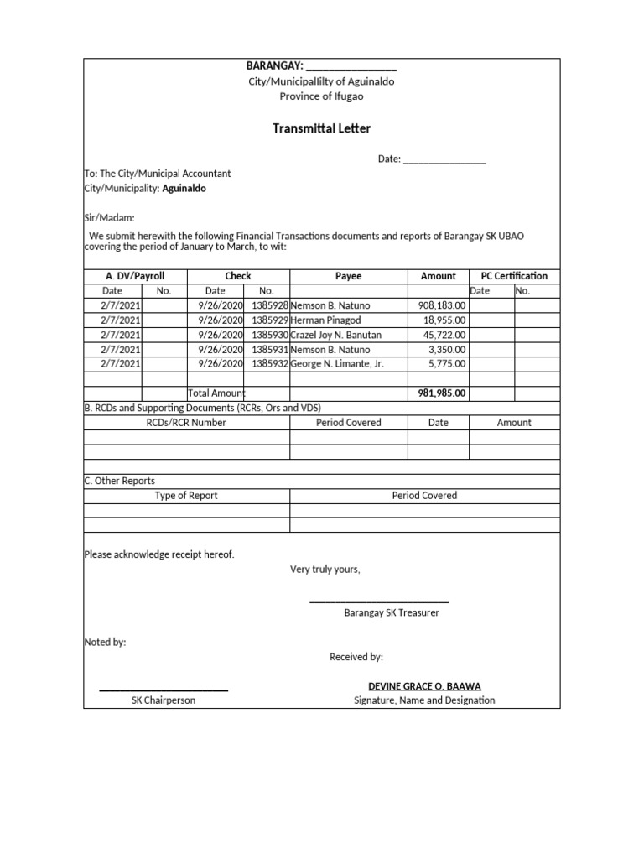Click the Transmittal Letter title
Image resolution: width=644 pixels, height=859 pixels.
(x=321, y=128)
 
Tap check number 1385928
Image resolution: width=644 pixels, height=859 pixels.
(x=269, y=305)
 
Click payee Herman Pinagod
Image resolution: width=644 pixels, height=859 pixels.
(x=325, y=320)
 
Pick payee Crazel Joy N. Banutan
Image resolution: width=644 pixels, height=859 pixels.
(x=335, y=335)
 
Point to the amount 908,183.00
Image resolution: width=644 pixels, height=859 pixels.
(x=442, y=305)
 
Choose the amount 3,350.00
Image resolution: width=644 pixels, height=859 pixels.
(x=447, y=349)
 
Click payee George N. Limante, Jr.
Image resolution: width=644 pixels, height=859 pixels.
(x=336, y=363)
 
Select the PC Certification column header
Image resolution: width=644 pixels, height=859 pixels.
(x=513, y=276)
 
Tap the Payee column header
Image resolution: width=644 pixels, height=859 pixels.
(x=348, y=276)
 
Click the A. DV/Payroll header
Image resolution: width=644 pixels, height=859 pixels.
(x=135, y=276)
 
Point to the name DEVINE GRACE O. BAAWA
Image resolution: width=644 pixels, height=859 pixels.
(x=424, y=686)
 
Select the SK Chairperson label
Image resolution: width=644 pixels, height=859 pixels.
(x=164, y=700)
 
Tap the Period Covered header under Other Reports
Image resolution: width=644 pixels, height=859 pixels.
(x=424, y=496)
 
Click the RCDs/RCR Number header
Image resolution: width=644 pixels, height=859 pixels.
(x=186, y=423)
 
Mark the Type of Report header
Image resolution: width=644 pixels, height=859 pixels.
(x=186, y=496)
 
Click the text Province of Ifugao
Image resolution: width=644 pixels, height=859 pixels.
(x=321, y=96)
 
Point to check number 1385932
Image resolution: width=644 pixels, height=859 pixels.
(x=269, y=363)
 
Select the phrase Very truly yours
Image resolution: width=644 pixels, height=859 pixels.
(x=325, y=570)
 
